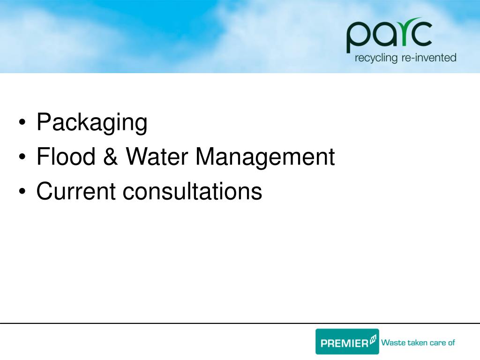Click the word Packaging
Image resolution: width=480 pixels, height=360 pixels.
click(x=92, y=123)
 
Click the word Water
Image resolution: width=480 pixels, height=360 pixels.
click(x=156, y=157)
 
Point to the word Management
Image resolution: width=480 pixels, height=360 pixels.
click(x=265, y=157)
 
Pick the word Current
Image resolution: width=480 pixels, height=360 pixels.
click(x=76, y=191)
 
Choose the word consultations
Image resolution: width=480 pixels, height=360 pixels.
click(x=192, y=191)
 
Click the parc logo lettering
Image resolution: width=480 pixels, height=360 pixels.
click(x=389, y=36)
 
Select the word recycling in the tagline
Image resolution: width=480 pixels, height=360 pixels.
click(x=376, y=59)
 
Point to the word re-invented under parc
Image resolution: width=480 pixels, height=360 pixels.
click(x=428, y=58)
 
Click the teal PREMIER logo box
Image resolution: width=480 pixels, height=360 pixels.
click(x=347, y=341)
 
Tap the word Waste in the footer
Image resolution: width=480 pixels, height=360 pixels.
click(x=392, y=342)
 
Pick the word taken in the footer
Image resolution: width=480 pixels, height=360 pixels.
click(x=416, y=342)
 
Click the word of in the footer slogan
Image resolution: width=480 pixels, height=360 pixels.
click(x=451, y=342)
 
